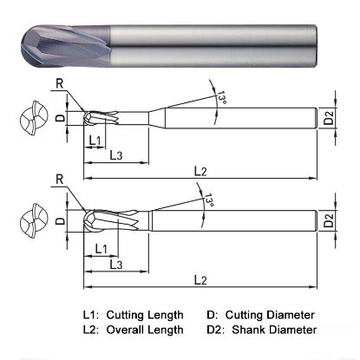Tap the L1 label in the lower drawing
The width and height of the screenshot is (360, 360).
coord(100,249)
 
